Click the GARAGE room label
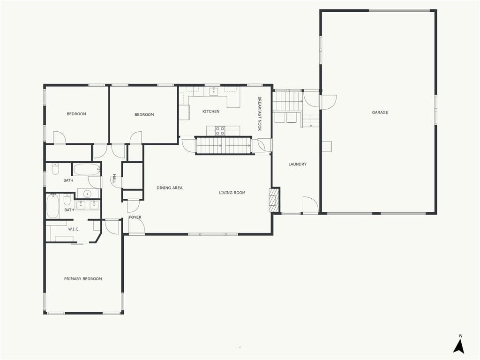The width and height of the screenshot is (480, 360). [380, 112]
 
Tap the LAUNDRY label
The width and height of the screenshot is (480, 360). [297, 164]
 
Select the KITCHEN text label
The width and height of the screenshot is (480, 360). [211, 112]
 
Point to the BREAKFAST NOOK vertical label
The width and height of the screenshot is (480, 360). [260, 114]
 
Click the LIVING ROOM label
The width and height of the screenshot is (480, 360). [232, 193]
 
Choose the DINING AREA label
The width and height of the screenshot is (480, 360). [169, 187]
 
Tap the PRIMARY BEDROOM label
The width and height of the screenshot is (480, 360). [83, 278]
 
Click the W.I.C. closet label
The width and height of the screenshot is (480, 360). [74, 229]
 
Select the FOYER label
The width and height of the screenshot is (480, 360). [135, 217]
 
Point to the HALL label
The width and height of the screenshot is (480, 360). [114, 179]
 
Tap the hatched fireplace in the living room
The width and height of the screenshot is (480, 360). [274, 200]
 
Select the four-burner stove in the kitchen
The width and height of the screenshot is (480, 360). [220, 131]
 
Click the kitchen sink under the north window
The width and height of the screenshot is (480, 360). [213, 91]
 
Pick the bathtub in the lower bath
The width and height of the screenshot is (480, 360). [52, 206]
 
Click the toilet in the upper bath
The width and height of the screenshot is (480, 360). [55, 169]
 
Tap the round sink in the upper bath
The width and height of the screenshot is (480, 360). [88, 194]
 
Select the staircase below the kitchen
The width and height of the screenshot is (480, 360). [223, 145]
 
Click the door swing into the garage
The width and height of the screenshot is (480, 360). [328, 102]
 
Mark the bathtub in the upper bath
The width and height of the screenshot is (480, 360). [87, 169]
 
